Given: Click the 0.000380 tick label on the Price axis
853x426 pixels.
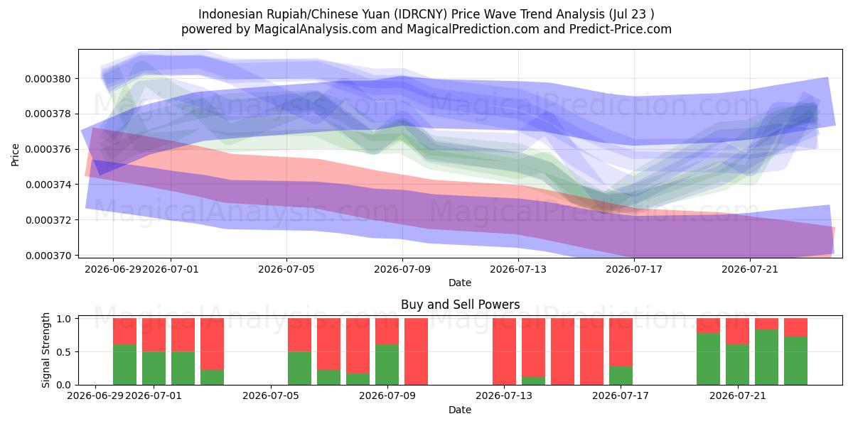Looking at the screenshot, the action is (48, 79).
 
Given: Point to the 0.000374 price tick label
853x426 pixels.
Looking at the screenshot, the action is (48, 185).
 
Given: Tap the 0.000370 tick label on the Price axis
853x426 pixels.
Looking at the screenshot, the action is (48, 256).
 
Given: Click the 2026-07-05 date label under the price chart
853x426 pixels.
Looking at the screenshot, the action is (286, 269).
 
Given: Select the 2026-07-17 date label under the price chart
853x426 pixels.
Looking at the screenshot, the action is (634, 269).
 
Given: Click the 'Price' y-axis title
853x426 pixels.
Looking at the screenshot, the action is (15, 155).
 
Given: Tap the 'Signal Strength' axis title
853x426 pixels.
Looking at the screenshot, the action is (45, 350).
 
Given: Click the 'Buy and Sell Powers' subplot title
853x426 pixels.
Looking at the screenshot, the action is (460, 305).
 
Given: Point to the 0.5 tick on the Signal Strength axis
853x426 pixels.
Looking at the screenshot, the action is (64, 352).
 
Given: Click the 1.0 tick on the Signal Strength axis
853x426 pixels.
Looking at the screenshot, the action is (64, 319).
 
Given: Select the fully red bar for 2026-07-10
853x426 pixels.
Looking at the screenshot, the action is (417, 351).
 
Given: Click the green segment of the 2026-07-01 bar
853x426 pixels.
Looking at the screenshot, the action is (154, 368).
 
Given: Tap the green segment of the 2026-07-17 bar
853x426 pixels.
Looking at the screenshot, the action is (621, 376).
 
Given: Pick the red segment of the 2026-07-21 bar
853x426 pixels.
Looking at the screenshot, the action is (737, 332).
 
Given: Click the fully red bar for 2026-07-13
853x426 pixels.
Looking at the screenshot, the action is (504, 351).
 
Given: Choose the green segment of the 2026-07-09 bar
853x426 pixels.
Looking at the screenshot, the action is (387, 365).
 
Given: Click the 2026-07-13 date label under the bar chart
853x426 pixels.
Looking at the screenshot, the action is (504, 395).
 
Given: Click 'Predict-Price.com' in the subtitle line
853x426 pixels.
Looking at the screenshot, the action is (621, 29).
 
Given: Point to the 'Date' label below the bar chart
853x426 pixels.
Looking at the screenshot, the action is (460, 410).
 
